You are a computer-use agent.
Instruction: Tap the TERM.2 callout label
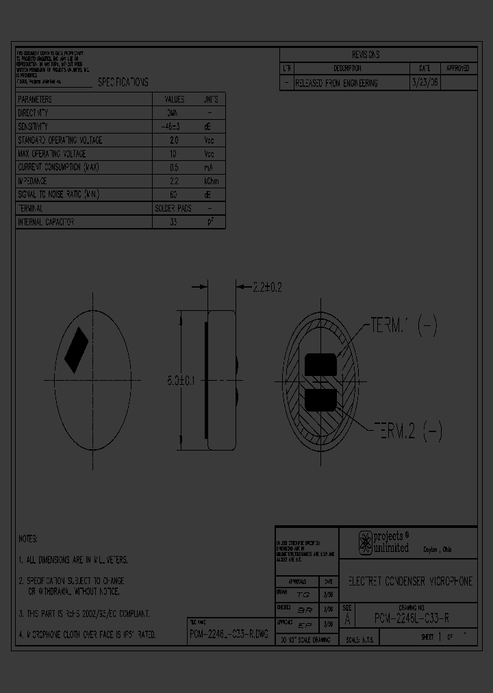point(407,431)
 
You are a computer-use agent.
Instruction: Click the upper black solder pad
point(320,364)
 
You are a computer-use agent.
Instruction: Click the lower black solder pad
point(320,399)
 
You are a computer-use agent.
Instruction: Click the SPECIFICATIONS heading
point(123,82)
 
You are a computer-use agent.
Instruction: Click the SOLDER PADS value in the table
point(173,208)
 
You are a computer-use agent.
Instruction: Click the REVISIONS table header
point(365,55)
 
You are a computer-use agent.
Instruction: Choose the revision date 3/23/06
point(424,83)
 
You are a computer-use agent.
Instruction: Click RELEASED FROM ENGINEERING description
point(336,83)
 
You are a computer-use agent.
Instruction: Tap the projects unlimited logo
point(383,542)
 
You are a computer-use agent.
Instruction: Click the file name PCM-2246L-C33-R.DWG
point(230,635)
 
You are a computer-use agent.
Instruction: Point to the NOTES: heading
point(28,539)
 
